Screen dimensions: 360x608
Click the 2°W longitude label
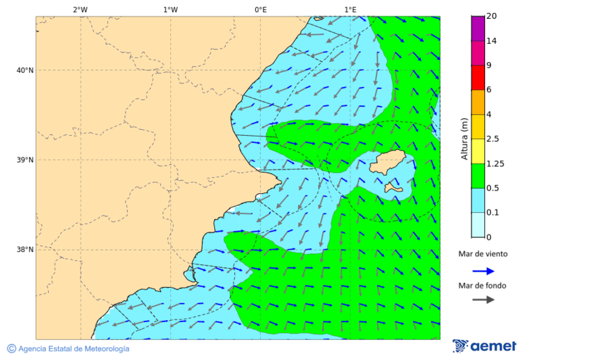coord(80,9)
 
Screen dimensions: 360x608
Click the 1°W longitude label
coord(170,9)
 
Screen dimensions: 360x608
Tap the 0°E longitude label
coord(260,9)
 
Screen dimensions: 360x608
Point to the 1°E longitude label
coord(350,9)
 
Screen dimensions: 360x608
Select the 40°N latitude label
coord(25,70)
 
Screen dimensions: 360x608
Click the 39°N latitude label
coord(25,160)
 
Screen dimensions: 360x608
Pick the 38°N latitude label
coord(25,249)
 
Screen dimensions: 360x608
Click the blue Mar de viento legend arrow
coord(483,271)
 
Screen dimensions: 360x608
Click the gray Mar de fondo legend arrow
coord(483,300)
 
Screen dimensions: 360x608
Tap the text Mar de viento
coord(483,255)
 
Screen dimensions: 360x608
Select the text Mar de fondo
coord(482,286)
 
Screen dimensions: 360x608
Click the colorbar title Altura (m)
coord(464,138)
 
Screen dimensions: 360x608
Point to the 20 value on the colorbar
coord(492,16)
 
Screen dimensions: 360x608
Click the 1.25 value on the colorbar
coord(496,163)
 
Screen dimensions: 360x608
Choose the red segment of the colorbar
coord(478,78)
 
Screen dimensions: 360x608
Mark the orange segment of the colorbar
coord(478,102)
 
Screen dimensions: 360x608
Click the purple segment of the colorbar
coord(478,28)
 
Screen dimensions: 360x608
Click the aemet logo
coord(484,346)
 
